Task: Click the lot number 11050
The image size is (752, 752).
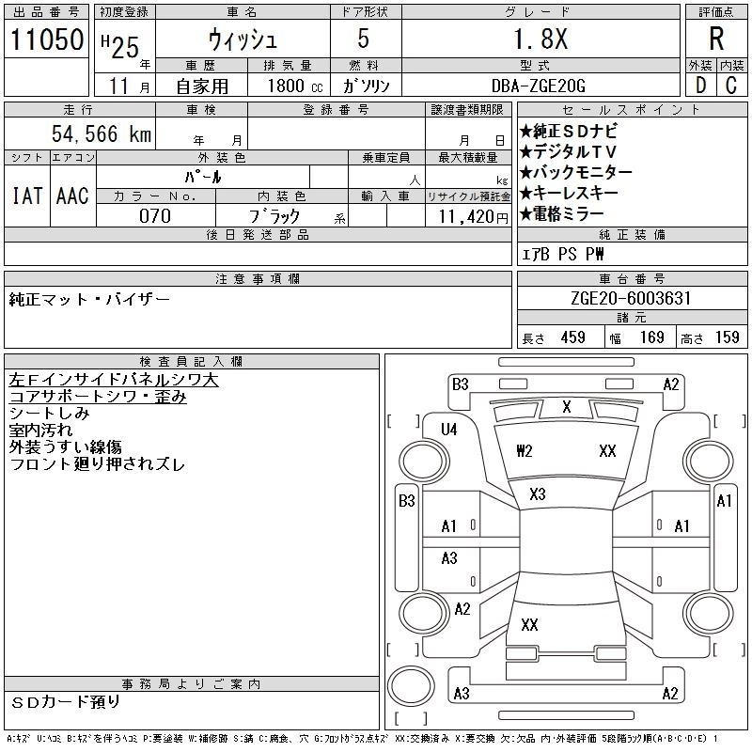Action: click(44, 39)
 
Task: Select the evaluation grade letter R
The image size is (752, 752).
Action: click(716, 39)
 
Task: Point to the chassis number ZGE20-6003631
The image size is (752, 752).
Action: click(633, 299)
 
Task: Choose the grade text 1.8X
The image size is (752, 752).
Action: click(539, 39)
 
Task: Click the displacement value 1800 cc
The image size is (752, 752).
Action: click(288, 86)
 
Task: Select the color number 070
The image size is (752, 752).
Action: click(155, 215)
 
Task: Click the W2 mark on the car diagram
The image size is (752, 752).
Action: click(525, 451)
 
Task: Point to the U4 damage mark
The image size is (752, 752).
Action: click(448, 430)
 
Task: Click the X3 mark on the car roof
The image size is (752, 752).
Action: click(537, 494)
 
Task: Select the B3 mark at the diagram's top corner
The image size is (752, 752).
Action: click(460, 384)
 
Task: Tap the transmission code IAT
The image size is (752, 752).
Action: click(26, 196)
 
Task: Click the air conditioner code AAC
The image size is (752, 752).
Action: click(71, 196)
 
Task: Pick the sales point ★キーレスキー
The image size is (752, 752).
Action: click(569, 193)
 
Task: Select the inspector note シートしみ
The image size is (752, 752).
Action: click(50, 414)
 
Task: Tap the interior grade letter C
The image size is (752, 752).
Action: click(731, 86)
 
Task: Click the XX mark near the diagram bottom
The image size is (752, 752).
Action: click(529, 624)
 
